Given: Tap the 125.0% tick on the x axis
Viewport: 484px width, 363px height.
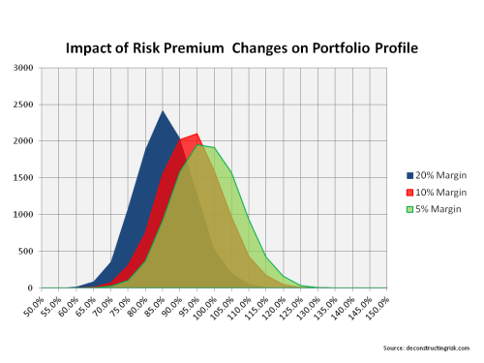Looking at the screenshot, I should coord(295,309).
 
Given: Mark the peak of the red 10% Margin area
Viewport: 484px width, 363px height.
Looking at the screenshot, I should coord(197,134).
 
